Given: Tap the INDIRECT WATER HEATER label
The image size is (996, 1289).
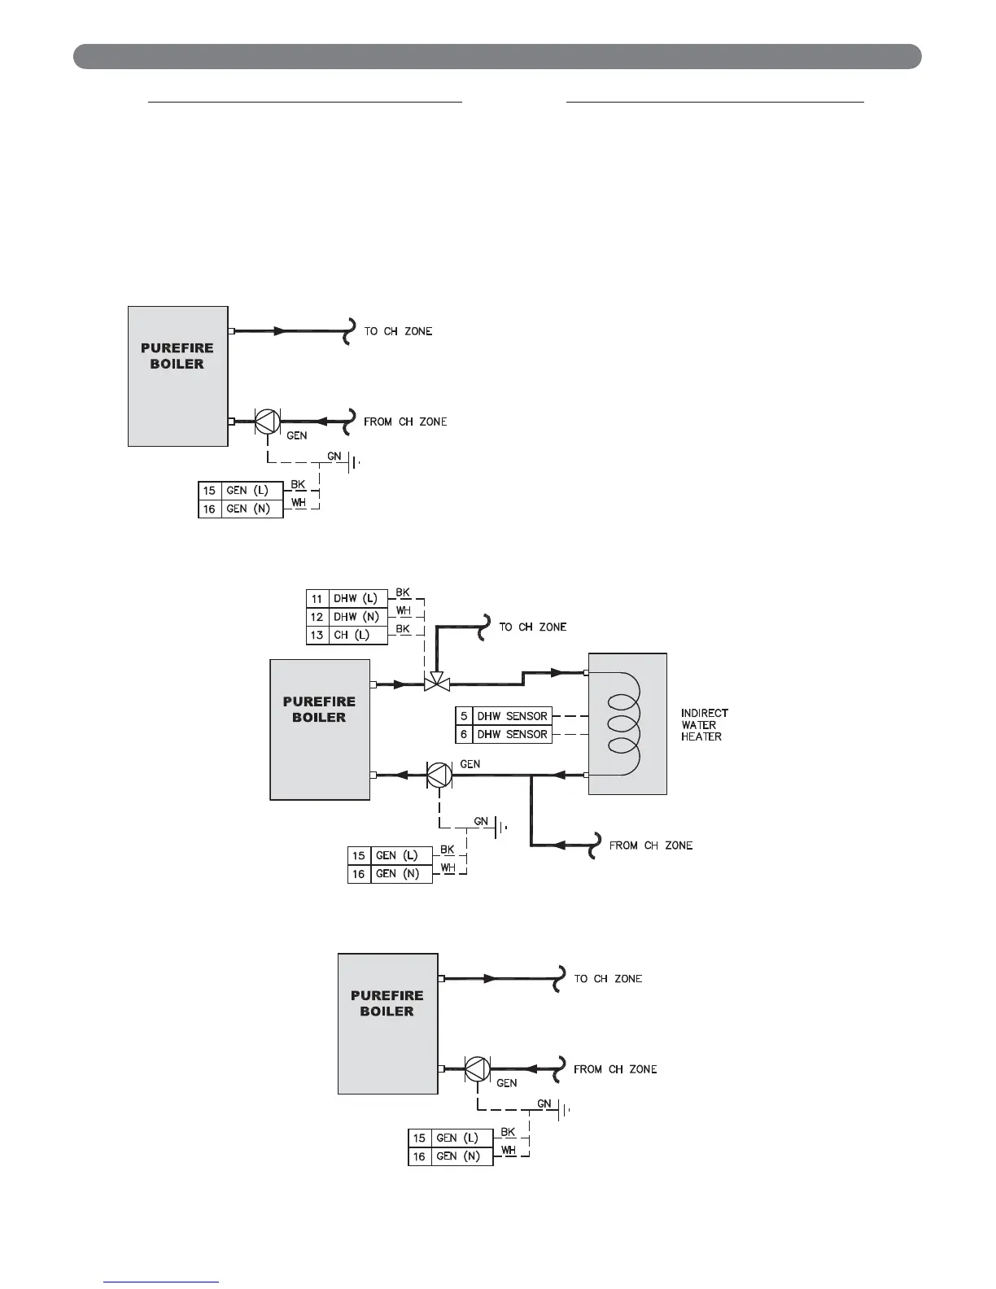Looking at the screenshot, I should pos(704,724).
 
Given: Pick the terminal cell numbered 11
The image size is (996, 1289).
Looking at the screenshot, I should pos(317,599).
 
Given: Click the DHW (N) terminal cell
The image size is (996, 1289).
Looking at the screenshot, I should pos(356,617).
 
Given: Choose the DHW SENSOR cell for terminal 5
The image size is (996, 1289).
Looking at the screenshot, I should pos(512,716).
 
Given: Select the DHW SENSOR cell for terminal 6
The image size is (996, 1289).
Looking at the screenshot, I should pos(512,734).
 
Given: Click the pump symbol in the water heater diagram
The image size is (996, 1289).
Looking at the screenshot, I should pos(439,776).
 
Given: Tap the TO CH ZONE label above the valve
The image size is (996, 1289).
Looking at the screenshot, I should pos(532,627).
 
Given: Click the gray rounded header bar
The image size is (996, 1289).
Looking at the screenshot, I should pos(497,57).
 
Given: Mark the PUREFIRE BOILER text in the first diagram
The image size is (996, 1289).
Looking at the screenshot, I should pos(177,356).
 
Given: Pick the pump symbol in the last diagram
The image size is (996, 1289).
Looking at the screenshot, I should pos(477,1068).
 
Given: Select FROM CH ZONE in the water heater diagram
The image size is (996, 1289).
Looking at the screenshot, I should pos(651,845).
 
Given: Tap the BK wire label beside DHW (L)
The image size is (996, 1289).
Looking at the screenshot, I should pos(403,592).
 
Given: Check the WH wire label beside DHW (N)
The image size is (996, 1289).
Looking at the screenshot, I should pos(403,610).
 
